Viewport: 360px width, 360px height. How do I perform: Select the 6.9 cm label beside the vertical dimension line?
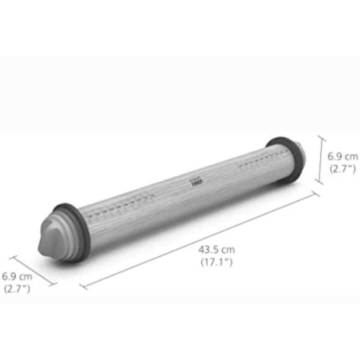tap(342, 156)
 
